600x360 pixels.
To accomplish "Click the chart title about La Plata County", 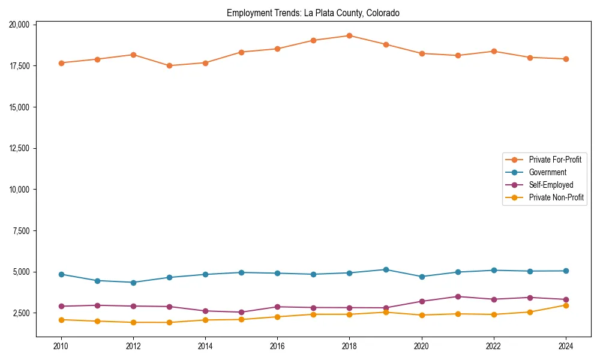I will [x=313, y=13].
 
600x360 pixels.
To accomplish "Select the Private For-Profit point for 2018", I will [x=349, y=35].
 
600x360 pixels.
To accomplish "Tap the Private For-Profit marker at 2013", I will [x=169, y=66].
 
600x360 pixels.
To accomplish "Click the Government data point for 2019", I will [x=385, y=269].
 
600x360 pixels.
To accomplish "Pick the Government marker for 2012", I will [x=133, y=283].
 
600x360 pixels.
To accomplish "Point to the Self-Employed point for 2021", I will [x=457, y=296].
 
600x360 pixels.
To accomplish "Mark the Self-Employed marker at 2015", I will [x=241, y=312].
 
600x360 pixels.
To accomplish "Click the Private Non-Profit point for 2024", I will [x=565, y=305].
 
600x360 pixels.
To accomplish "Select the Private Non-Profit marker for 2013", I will [x=169, y=322].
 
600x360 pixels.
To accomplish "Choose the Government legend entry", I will [x=547, y=172].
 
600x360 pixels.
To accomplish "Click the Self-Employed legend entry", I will [x=551, y=185].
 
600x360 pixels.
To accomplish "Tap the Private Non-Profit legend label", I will [x=556, y=197].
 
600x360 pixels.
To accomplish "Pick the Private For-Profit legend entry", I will [x=556, y=160].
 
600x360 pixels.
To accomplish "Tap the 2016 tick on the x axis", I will [x=277, y=346].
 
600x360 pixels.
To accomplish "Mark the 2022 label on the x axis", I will [x=493, y=346].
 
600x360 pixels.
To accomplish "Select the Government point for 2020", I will [x=421, y=277].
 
